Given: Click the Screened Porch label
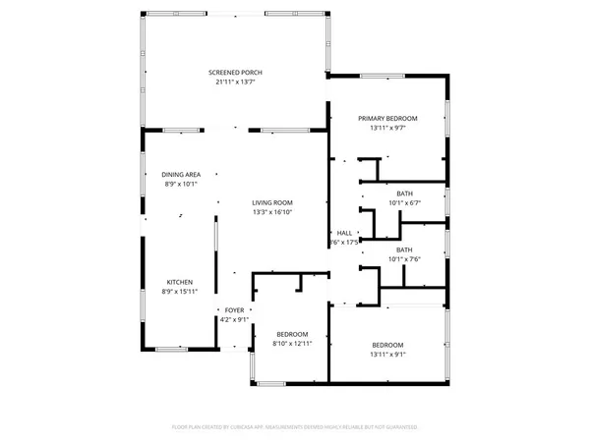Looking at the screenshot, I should [235, 73].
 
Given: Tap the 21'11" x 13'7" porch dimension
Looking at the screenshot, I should [235, 83].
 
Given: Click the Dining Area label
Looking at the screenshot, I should [181, 174].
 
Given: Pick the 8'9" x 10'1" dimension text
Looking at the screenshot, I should [181, 184].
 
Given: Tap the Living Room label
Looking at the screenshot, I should [272, 202].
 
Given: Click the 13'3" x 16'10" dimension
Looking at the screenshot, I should [272, 212].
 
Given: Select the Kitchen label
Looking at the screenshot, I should [180, 281].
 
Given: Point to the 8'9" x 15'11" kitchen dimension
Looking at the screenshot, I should [180, 291].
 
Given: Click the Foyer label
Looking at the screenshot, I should [234, 309].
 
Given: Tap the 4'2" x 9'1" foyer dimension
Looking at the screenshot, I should [234, 318].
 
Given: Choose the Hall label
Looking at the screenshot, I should [343, 233].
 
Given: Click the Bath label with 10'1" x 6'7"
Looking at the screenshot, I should [405, 193].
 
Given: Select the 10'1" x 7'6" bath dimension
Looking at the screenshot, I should [405, 259].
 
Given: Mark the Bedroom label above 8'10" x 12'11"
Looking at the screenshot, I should [291, 334].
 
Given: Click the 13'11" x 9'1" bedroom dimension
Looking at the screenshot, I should [387, 354].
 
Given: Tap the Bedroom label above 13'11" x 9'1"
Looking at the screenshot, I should [387, 344].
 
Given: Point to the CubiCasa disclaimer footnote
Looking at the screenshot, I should [295, 428].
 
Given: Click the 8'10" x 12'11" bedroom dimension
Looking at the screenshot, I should [291, 344].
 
